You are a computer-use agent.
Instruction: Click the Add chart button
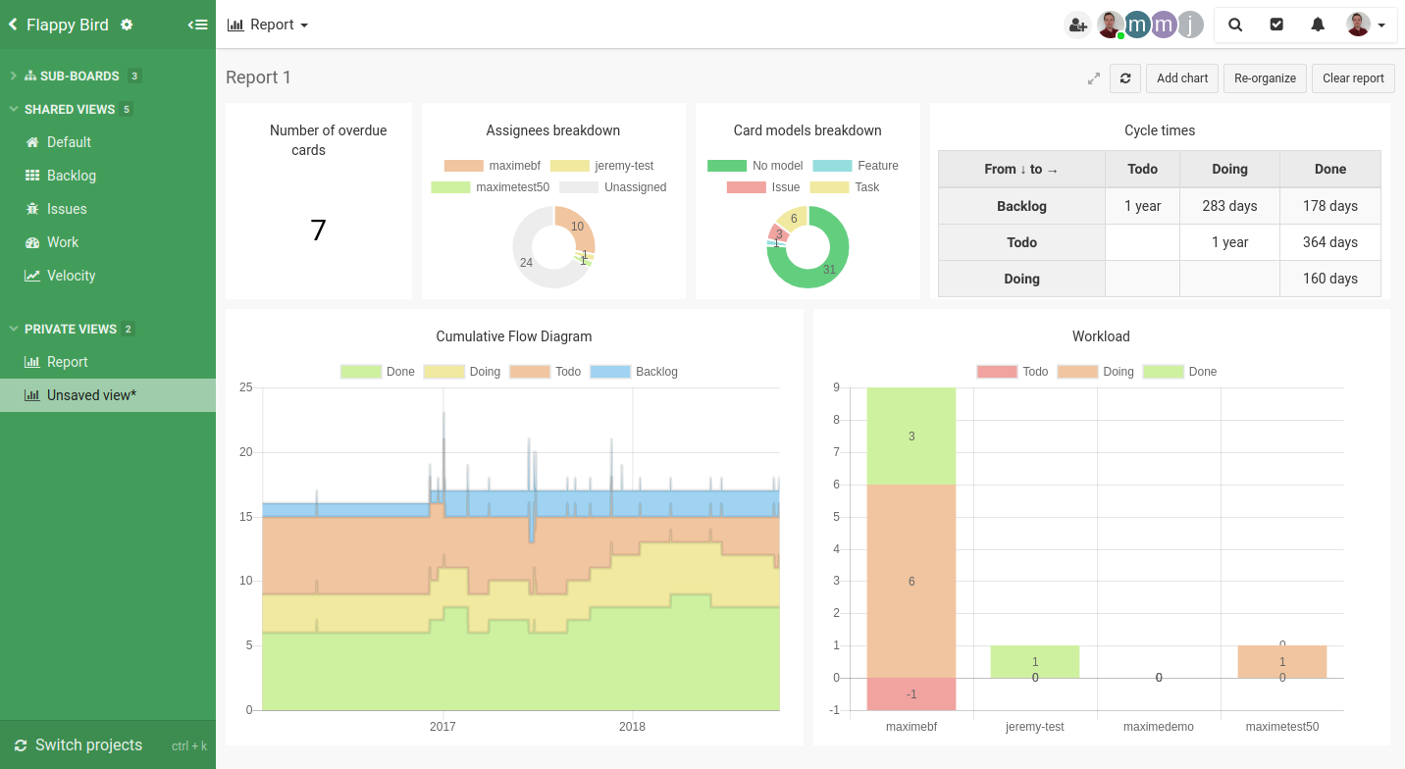tap(1182, 78)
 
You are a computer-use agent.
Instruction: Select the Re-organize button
tap(1265, 78)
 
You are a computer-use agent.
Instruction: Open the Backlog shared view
tap(71, 176)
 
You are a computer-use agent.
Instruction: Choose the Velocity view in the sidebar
tap(71, 276)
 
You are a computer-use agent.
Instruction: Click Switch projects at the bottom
tap(88, 745)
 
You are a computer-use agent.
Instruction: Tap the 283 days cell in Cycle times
tap(1229, 206)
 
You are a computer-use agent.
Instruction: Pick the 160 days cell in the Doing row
tap(1329, 279)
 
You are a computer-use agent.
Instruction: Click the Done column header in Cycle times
tap(1329, 169)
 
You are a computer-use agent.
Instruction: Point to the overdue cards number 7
tap(318, 231)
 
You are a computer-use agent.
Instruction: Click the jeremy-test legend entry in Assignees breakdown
tap(601, 166)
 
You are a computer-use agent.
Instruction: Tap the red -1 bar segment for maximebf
tap(911, 693)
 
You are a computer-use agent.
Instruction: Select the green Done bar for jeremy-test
tap(1035, 662)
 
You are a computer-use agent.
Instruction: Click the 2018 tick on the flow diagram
tap(632, 727)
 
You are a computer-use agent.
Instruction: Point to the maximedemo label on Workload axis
tap(1159, 727)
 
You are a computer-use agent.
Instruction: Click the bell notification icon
tap(1318, 25)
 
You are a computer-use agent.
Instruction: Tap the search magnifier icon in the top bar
tap(1235, 25)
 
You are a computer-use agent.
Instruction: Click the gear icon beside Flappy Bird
tap(127, 25)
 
